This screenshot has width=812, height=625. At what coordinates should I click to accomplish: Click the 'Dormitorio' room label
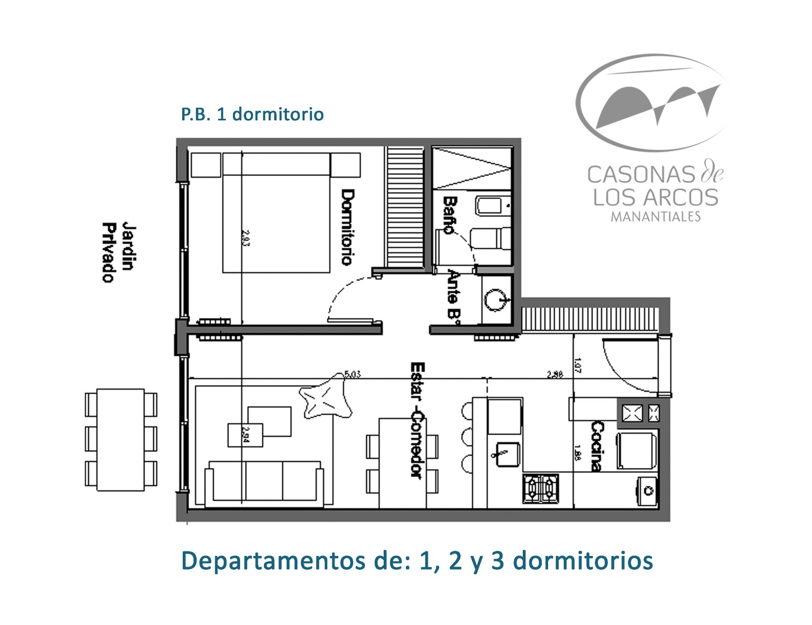(347, 227)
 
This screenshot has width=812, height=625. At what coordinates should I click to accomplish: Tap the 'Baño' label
(449, 215)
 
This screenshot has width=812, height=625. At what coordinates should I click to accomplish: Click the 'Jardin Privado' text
(116, 252)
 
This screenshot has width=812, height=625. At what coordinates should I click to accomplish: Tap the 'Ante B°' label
(454, 295)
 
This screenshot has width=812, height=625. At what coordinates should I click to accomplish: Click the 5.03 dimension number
(352, 374)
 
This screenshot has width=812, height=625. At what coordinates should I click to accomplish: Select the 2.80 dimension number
(554, 374)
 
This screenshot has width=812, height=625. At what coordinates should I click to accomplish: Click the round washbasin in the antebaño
(495, 300)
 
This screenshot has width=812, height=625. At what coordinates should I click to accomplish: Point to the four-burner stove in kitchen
(541, 488)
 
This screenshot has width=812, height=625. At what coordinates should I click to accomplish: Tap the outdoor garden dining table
(120, 440)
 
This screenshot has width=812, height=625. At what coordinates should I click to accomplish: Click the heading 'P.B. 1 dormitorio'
(252, 114)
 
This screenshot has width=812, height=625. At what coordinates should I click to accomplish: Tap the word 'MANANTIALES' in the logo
(655, 217)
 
